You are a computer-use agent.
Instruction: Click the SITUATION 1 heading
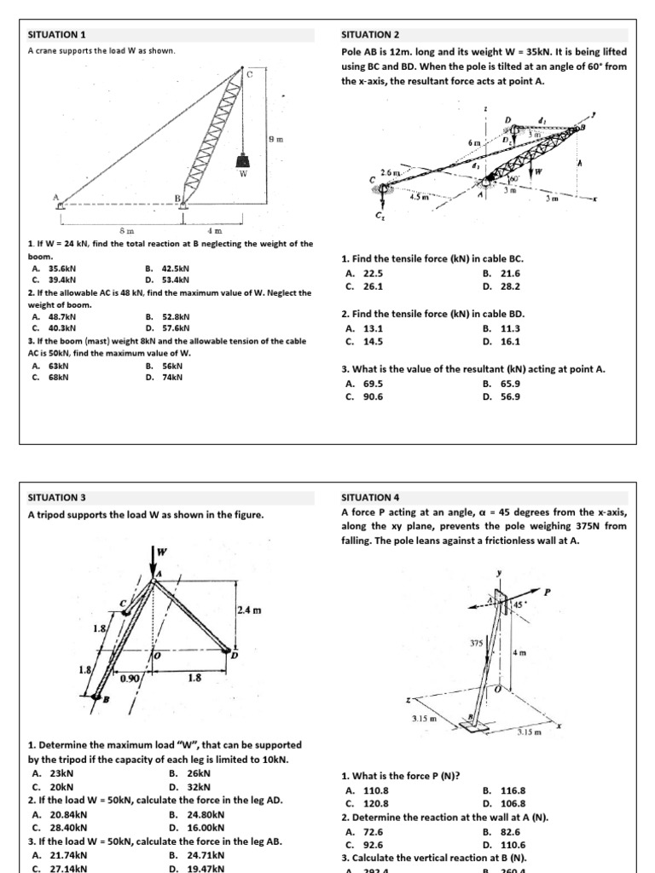tap(58, 35)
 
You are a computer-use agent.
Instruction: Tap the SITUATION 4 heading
tap(370, 496)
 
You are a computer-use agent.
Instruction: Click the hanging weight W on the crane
tap(244, 160)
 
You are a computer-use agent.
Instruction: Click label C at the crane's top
tap(250, 75)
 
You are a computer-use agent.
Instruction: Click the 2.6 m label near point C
tap(388, 173)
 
